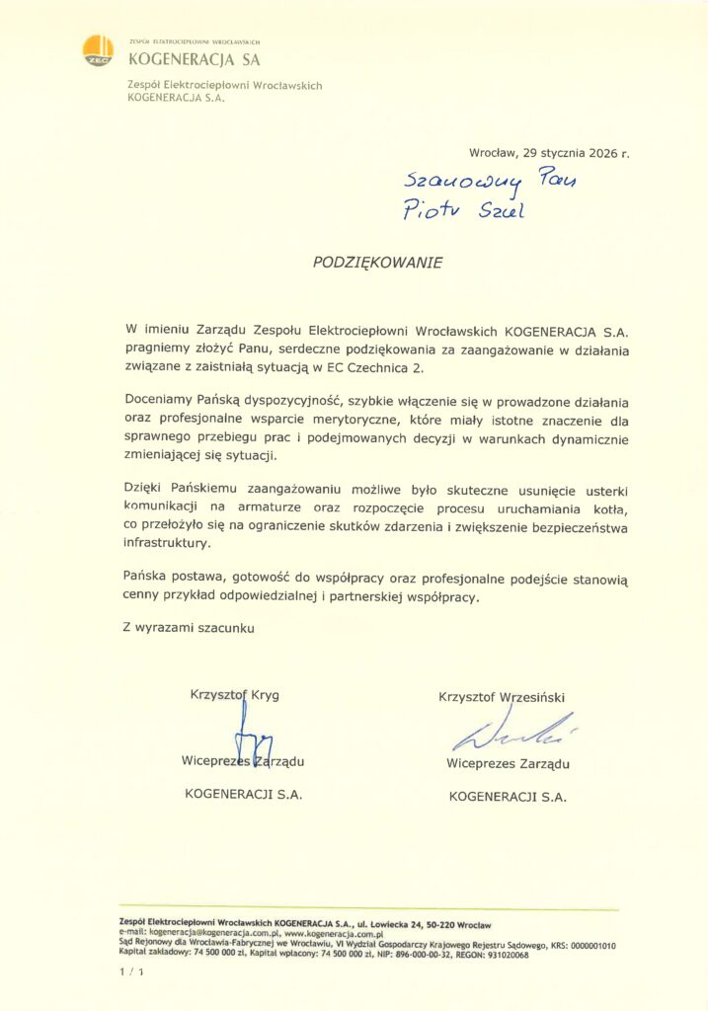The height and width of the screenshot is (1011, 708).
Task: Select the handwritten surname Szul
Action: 501,210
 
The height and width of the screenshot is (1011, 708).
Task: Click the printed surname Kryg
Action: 264,694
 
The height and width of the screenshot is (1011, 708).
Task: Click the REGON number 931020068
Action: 502,955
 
